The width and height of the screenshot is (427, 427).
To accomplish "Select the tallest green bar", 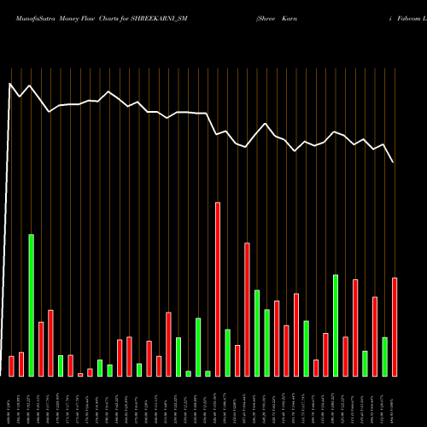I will (x=32, y=305).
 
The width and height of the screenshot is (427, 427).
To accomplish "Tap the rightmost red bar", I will (x=395, y=326).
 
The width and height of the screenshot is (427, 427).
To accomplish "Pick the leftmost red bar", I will (x=12, y=366).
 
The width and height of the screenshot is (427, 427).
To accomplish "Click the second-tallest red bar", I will (x=247, y=309).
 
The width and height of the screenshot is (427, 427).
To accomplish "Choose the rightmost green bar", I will (x=384, y=356).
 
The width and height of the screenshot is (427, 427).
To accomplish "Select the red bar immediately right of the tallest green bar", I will (x=41, y=348).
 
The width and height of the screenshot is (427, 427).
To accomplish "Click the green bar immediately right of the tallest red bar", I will (x=227, y=352).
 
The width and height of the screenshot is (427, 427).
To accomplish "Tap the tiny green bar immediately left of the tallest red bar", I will (x=208, y=373).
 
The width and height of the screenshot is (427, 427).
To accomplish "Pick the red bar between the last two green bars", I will (x=375, y=336).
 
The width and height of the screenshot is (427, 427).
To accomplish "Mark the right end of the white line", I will (x=394, y=162).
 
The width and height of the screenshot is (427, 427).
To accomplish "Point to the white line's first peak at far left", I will (x=10, y=84).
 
